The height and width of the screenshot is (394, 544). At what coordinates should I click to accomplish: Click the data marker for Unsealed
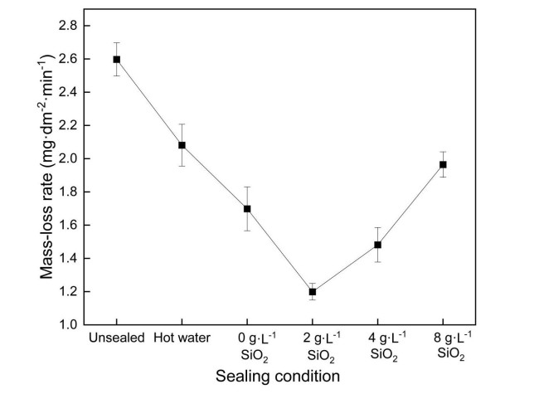pyautogui.click(x=117, y=59)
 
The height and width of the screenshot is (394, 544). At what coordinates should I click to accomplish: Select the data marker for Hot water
pyautogui.click(x=182, y=145)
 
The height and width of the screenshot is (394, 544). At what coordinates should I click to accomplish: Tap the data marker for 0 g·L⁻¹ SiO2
pyautogui.click(x=247, y=208)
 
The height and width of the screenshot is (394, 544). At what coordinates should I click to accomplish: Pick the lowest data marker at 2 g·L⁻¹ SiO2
pyautogui.click(x=313, y=291)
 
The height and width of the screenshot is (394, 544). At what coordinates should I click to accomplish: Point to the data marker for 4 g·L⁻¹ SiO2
pyautogui.click(x=378, y=245)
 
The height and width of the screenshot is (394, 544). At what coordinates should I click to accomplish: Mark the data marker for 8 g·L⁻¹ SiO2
pyautogui.click(x=444, y=164)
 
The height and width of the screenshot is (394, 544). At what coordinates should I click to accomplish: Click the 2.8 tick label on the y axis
pyautogui.click(x=68, y=26)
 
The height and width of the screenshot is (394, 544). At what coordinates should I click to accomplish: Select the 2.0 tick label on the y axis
pyautogui.click(x=68, y=158)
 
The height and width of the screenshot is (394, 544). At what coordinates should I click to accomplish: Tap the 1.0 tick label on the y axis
pyautogui.click(x=68, y=324)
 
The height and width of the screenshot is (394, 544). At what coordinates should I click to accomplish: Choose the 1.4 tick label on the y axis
pyautogui.click(x=68, y=258)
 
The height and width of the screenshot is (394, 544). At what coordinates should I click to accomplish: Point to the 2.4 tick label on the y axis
pyautogui.click(x=68, y=92)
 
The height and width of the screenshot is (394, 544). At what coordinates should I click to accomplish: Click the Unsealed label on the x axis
pyautogui.click(x=117, y=338)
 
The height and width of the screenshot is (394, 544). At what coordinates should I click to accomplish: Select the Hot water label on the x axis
pyautogui.click(x=182, y=338)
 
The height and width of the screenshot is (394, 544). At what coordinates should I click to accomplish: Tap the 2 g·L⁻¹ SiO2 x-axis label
pyautogui.click(x=313, y=346)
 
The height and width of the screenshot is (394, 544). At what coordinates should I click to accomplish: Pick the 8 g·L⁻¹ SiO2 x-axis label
pyautogui.click(x=444, y=346)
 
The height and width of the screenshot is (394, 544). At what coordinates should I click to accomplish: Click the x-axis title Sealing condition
pyautogui.click(x=278, y=376)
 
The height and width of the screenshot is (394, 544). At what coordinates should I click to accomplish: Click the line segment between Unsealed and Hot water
pyautogui.click(x=149, y=102)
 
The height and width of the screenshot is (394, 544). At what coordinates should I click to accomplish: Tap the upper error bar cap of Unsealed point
pyautogui.click(x=117, y=42)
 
